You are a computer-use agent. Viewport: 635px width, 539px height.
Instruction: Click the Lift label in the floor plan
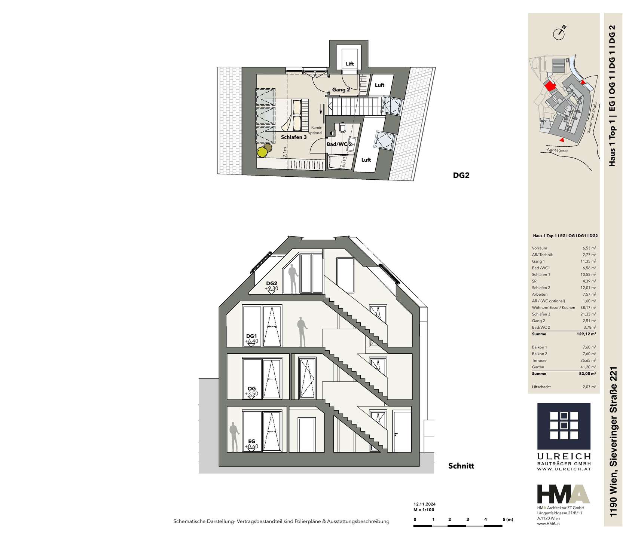(350, 64)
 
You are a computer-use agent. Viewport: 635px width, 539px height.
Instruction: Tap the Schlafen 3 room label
(294, 137)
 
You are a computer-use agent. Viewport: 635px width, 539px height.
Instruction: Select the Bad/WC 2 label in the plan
(339, 144)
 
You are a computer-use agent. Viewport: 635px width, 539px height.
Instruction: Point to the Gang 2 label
(341, 90)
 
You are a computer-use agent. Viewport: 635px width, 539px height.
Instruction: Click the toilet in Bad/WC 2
(342, 128)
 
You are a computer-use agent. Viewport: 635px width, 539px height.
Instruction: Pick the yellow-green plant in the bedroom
(262, 152)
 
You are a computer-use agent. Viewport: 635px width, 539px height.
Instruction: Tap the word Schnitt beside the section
(461, 466)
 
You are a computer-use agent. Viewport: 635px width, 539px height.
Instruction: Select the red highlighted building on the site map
(550, 86)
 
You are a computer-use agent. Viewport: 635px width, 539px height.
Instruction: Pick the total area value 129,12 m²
(586, 334)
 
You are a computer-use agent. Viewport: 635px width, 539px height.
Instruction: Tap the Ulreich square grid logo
(564, 426)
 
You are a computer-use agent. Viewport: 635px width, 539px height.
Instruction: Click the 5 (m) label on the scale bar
(508, 520)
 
